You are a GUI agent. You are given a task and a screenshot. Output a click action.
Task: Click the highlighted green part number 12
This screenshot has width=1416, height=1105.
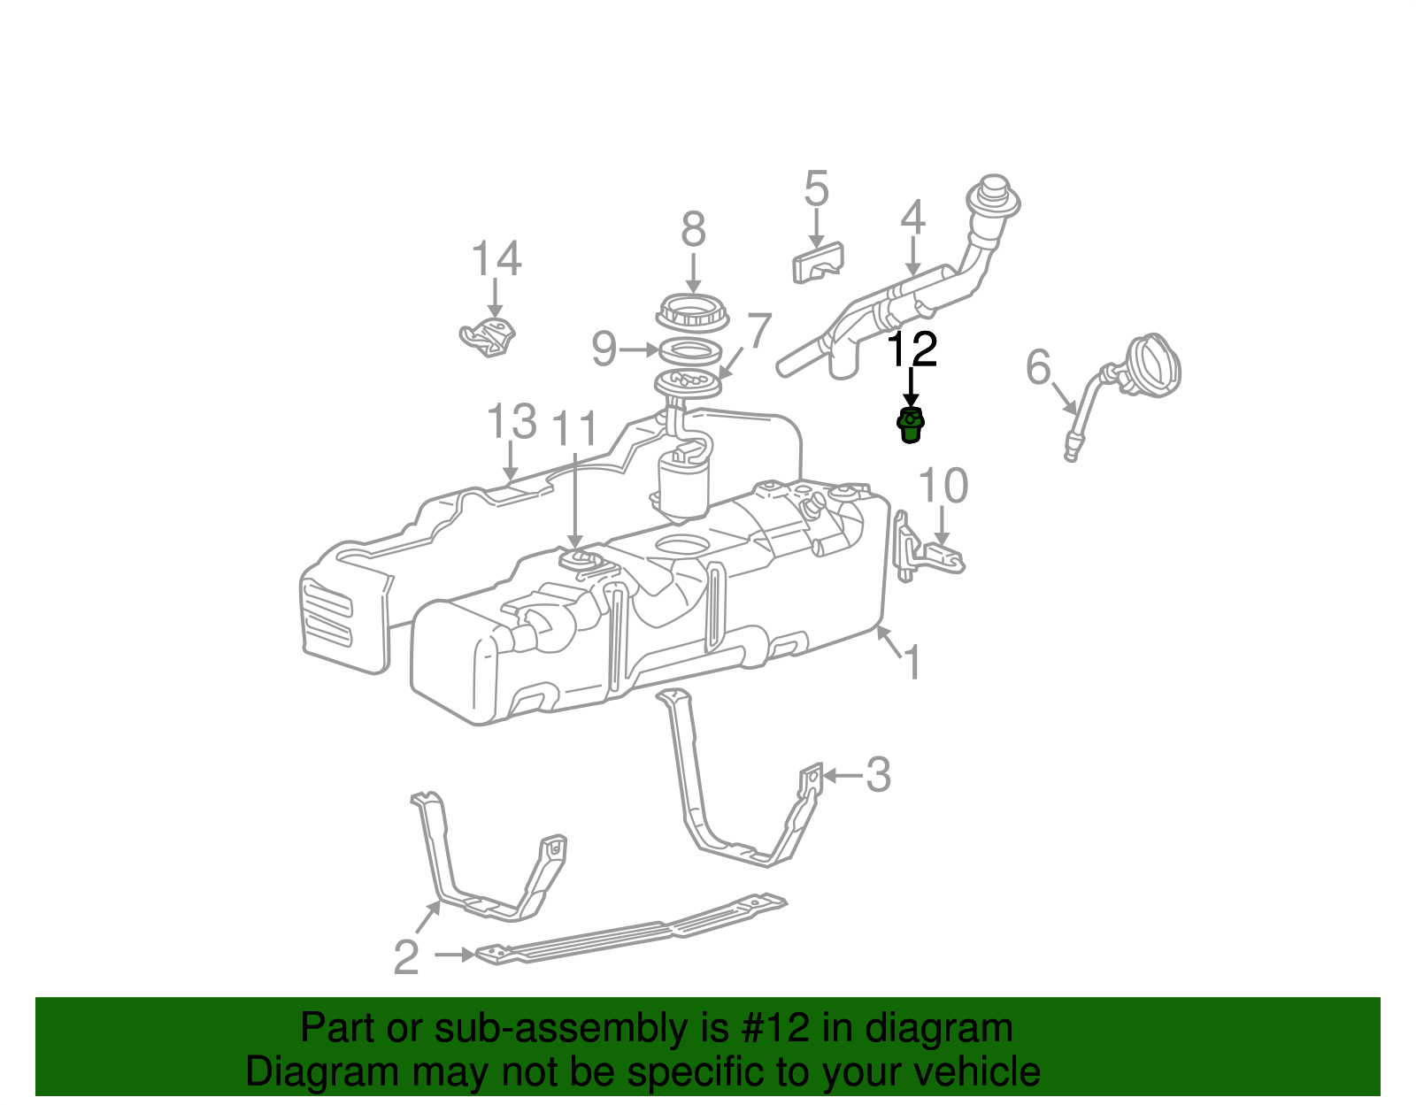(911, 426)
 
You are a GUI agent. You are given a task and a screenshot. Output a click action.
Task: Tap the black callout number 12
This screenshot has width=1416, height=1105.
(912, 349)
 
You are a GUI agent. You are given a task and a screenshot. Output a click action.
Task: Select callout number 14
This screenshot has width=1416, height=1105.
(496, 259)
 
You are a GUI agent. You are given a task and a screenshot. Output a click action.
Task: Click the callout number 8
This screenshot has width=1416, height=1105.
(693, 230)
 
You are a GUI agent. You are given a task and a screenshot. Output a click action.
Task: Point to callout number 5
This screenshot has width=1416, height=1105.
(816, 189)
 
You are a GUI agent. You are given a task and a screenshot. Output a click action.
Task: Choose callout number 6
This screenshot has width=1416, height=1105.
(1038, 367)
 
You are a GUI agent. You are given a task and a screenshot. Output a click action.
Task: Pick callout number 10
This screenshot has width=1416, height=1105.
(943, 486)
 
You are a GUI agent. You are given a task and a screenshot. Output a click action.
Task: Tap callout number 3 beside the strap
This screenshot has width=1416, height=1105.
(877, 775)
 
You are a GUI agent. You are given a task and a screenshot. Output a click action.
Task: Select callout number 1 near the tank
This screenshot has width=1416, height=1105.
(912, 663)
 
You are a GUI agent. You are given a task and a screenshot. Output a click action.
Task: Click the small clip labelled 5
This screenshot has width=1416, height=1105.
(817, 262)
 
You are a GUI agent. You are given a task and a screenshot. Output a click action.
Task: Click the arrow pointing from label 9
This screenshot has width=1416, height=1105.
(639, 350)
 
